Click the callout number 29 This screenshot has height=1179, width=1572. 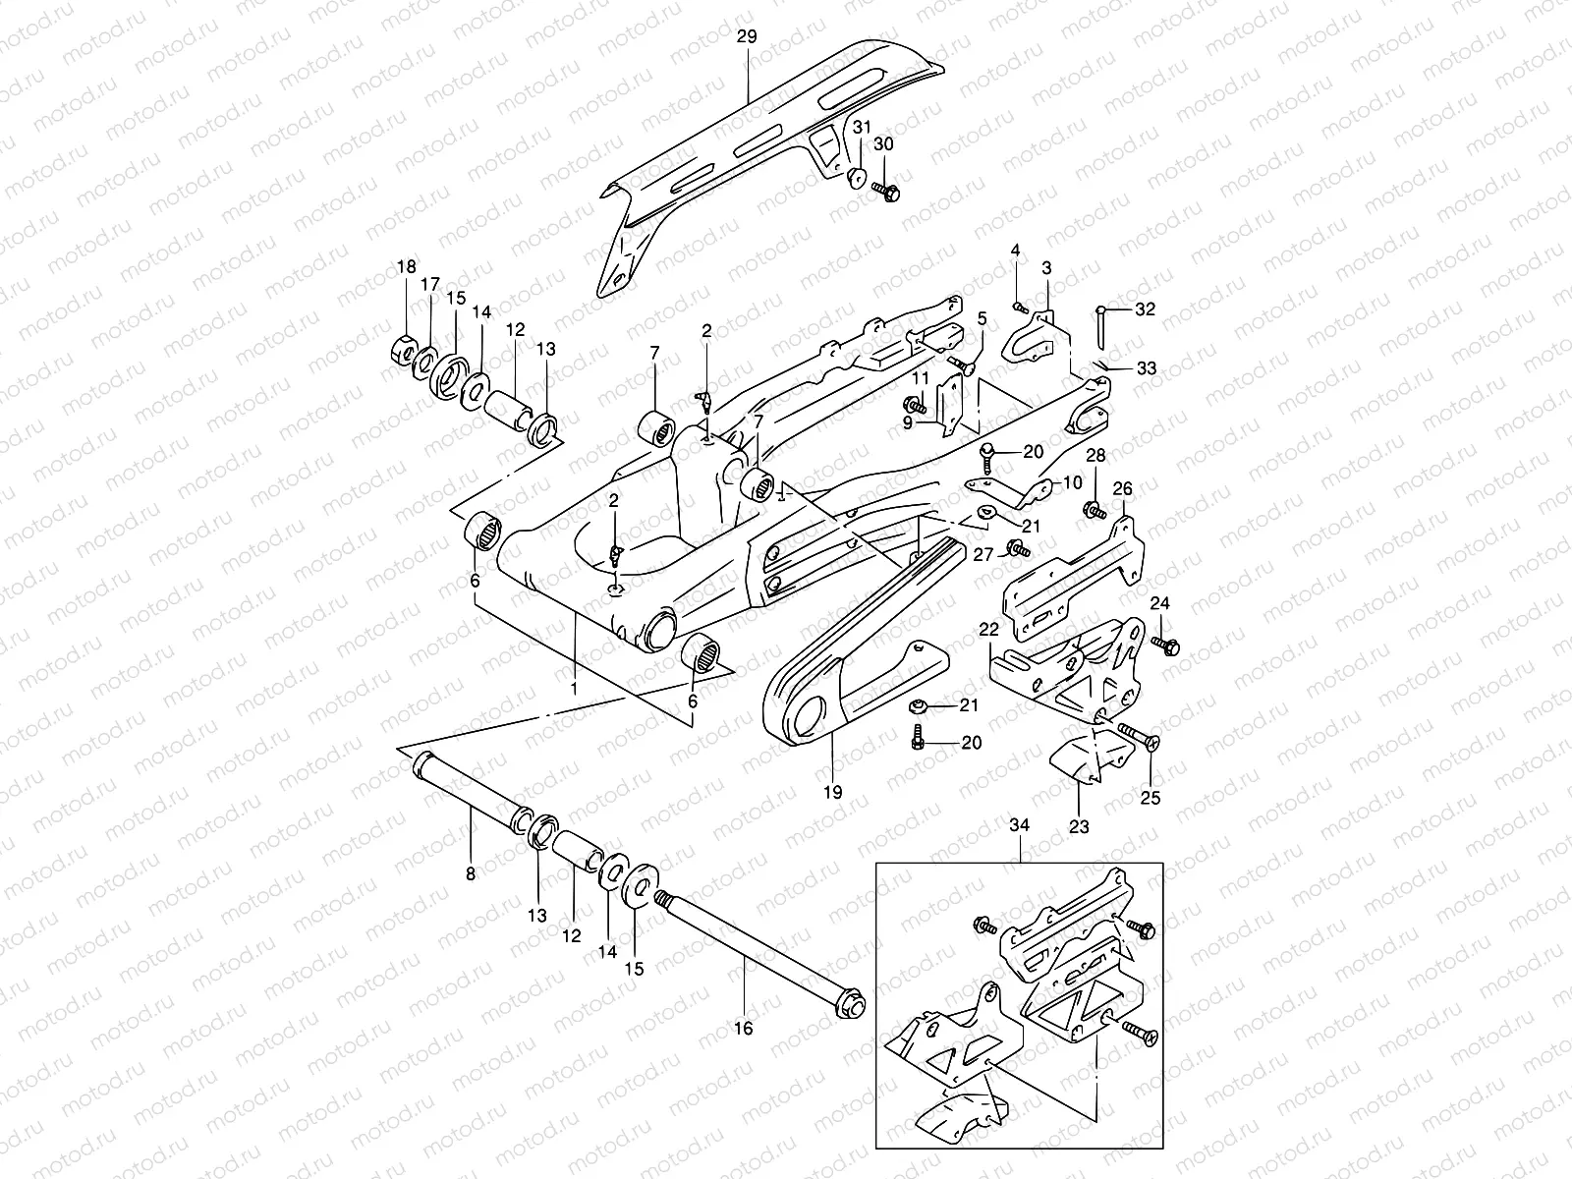pos(747,36)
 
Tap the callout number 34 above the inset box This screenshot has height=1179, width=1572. pos(1020,826)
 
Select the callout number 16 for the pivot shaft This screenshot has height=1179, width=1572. pos(743,1029)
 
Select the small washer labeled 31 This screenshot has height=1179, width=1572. pos(858,177)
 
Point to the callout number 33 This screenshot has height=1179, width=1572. pos(1146,368)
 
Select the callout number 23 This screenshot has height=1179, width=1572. pos(1079,827)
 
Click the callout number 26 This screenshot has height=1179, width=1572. pos(1122,488)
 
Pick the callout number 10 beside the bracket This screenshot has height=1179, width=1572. pos(1071,482)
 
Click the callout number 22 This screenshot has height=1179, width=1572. pos(988,628)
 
